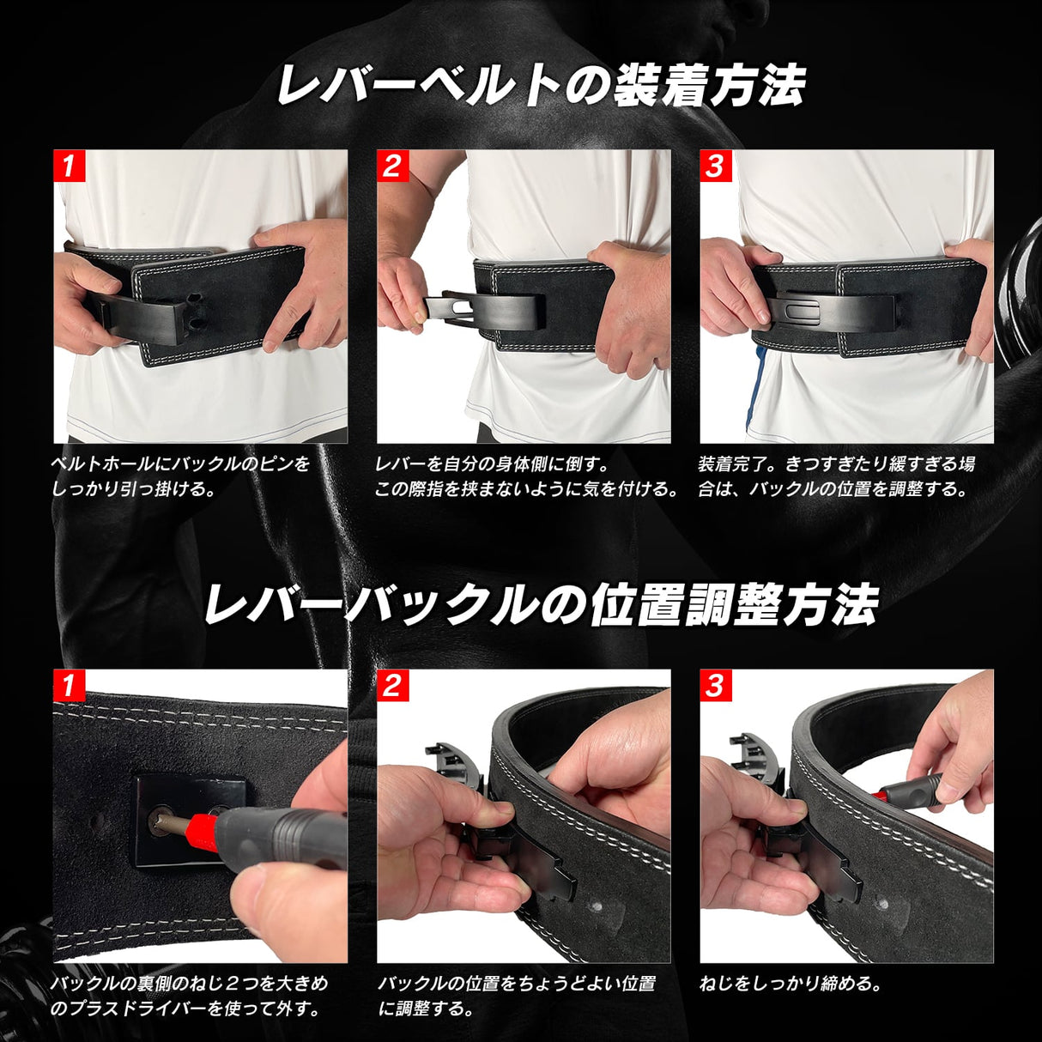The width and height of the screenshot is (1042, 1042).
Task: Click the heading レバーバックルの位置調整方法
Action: (541, 604)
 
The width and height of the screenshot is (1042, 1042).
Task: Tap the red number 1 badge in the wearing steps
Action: (70, 167)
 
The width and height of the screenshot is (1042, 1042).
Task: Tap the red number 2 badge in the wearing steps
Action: (392, 167)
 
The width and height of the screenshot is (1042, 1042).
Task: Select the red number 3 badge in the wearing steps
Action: (715, 167)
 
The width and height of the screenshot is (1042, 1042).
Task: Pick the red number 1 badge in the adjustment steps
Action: (70, 686)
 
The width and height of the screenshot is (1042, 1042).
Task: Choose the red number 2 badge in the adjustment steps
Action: (392, 686)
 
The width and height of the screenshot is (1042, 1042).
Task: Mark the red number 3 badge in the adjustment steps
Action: (715, 686)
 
